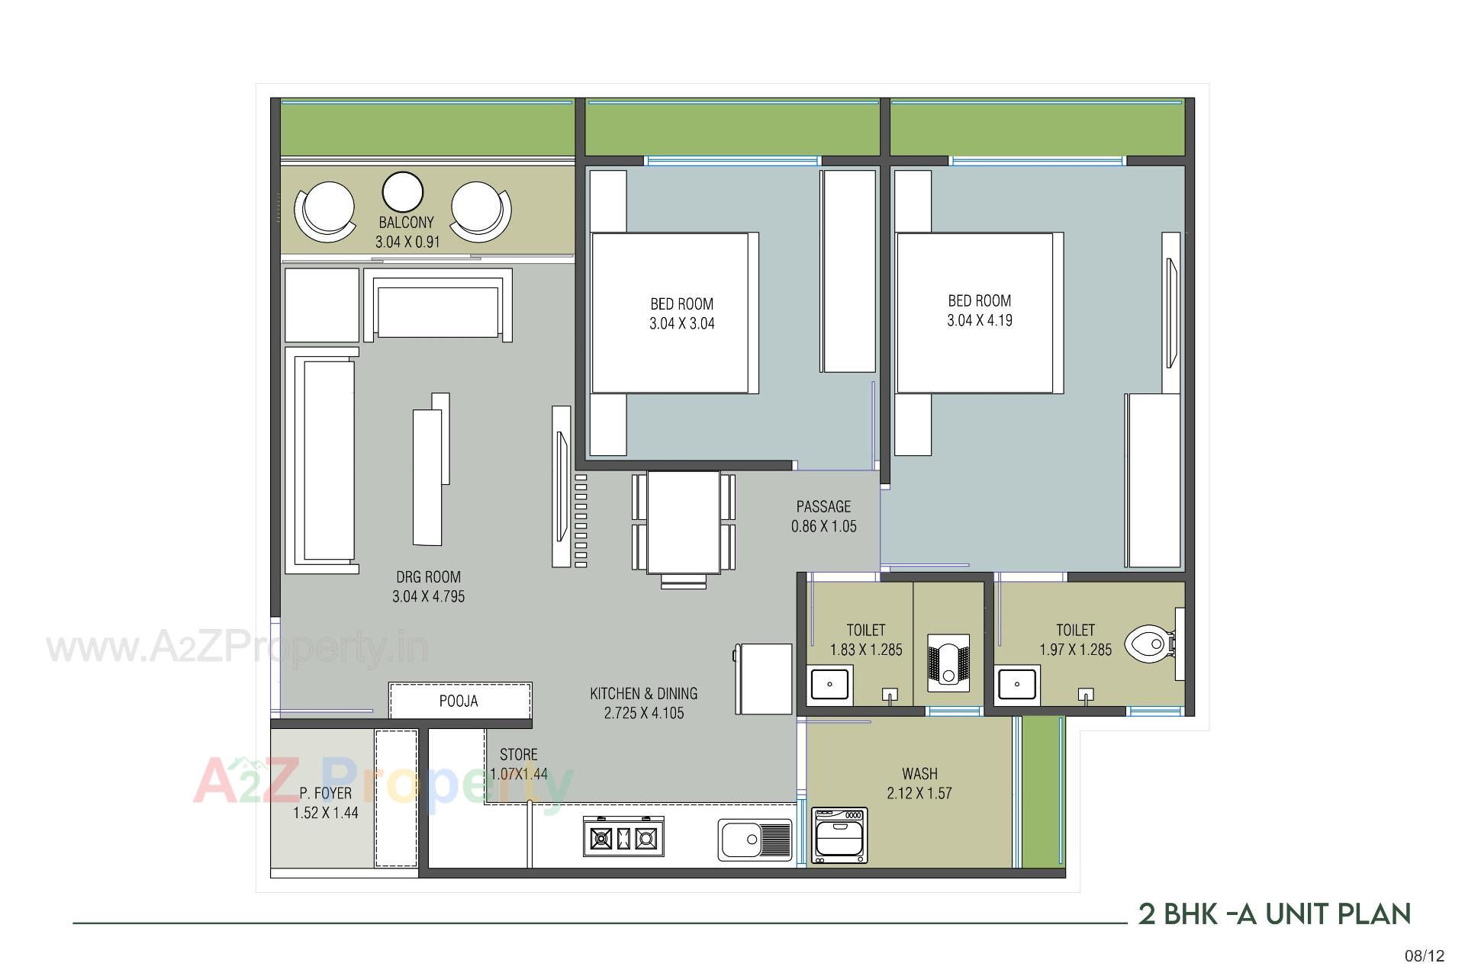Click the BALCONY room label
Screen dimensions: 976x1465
pyautogui.click(x=406, y=223)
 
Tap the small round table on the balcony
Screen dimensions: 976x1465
pyautogui.click(x=402, y=192)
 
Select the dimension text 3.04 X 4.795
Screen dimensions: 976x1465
pyautogui.click(x=428, y=596)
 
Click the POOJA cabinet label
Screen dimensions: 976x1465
pyautogui.click(x=459, y=701)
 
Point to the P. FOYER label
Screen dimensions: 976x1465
pyautogui.click(x=326, y=793)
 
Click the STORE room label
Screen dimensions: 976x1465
pyautogui.click(x=519, y=755)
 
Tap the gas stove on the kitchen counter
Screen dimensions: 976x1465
pyautogui.click(x=623, y=838)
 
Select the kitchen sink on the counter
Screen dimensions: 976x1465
pyautogui.click(x=754, y=840)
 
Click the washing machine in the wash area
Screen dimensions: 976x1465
pyautogui.click(x=839, y=836)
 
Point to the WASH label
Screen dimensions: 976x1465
pyautogui.click(x=919, y=773)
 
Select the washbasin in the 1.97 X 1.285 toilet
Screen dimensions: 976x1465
pyautogui.click(x=1017, y=684)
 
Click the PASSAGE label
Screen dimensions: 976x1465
pyautogui.click(x=823, y=506)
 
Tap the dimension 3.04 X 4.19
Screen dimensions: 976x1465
pyautogui.click(x=980, y=321)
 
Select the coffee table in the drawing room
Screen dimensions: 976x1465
pyautogui.click(x=428, y=476)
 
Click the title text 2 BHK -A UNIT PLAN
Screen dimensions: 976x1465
pyautogui.click(x=1274, y=913)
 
